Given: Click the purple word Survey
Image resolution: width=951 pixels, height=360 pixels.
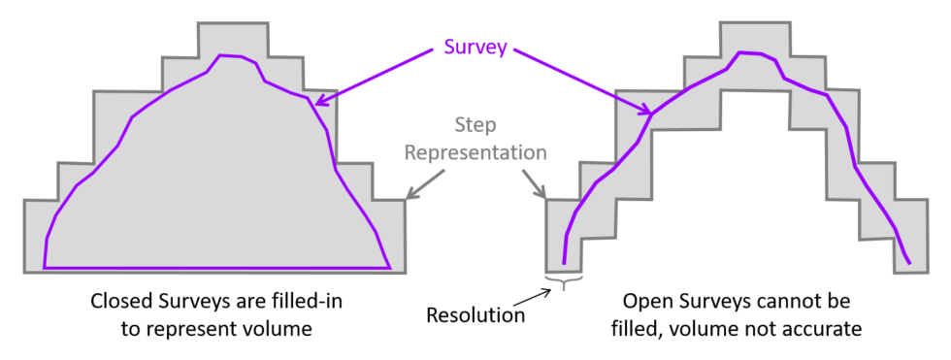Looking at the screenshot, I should [x=475, y=47].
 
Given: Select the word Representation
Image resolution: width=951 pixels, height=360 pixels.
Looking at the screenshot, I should [x=475, y=152].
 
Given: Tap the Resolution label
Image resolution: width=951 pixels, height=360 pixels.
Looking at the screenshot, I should [x=475, y=315].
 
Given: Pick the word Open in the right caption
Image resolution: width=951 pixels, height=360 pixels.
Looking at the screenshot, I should [x=644, y=303].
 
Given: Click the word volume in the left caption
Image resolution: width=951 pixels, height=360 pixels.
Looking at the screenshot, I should [x=280, y=329].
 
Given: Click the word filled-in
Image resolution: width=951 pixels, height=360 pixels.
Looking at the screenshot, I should [x=311, y=303].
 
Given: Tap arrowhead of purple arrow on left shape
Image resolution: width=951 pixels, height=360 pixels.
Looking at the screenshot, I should [x=316, y=99].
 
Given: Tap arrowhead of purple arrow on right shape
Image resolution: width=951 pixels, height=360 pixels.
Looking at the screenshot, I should [x=643, y=111].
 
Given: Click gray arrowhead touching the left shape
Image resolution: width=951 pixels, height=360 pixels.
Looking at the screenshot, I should [x=409, y=196].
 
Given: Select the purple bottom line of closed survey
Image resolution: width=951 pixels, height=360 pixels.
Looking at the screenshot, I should [x=213, y=267].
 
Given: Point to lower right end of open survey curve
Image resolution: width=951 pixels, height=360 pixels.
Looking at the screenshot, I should [x=909, y=262].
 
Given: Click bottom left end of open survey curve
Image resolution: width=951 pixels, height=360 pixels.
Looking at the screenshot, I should [x=563, y=262].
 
